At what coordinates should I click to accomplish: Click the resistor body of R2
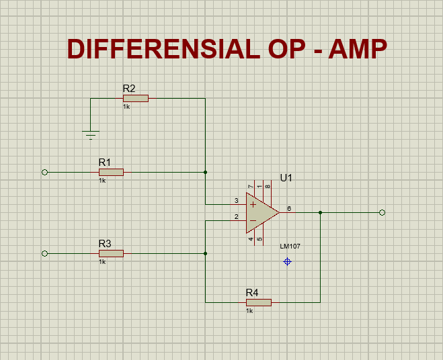point(135,98)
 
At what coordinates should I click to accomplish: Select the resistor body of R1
point(111,172)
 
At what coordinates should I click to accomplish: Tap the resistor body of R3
point(111,253)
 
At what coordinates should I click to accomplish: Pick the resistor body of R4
point(258,302)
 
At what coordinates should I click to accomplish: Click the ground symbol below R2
point(91,134)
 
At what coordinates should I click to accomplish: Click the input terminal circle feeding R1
point(45,172)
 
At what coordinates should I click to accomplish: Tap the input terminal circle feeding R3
point(45,253)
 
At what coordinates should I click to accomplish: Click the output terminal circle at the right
point(382,212)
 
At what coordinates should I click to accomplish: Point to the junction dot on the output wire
point(320,212)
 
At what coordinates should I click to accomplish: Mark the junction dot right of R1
point(205,172)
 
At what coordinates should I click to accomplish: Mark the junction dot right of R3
point(205,253)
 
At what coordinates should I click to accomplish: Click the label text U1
point(286,178)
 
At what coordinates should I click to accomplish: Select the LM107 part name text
point(290,246)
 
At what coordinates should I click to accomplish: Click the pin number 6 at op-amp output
point(289,208)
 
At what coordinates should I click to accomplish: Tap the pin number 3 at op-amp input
point(236,200)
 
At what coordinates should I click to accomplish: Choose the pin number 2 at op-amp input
point(236,216)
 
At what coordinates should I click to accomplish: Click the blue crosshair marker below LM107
point(288,261)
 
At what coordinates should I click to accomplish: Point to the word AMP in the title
point(358,50)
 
